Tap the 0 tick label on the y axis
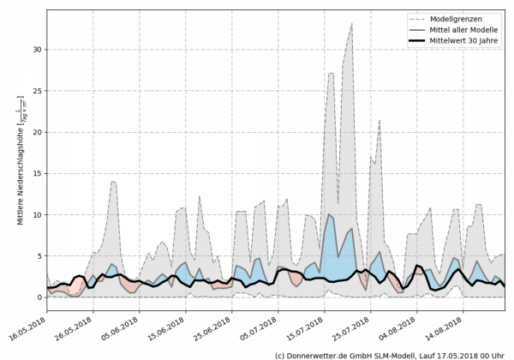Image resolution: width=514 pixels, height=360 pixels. click(x=38, y=297)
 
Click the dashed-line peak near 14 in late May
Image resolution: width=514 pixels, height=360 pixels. click(x=113, y=182)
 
